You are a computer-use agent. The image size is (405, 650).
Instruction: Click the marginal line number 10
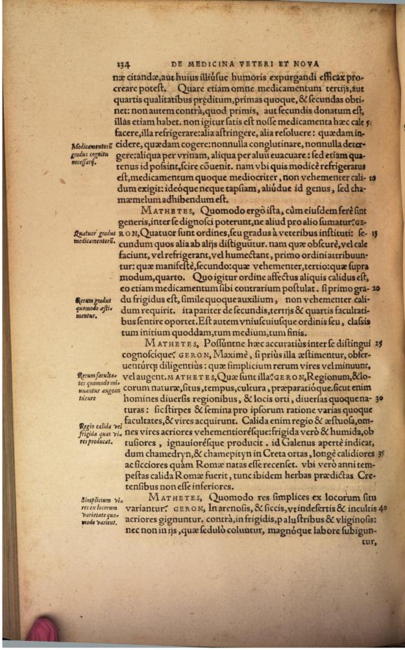pyautogui.click(x=375, y=176)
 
